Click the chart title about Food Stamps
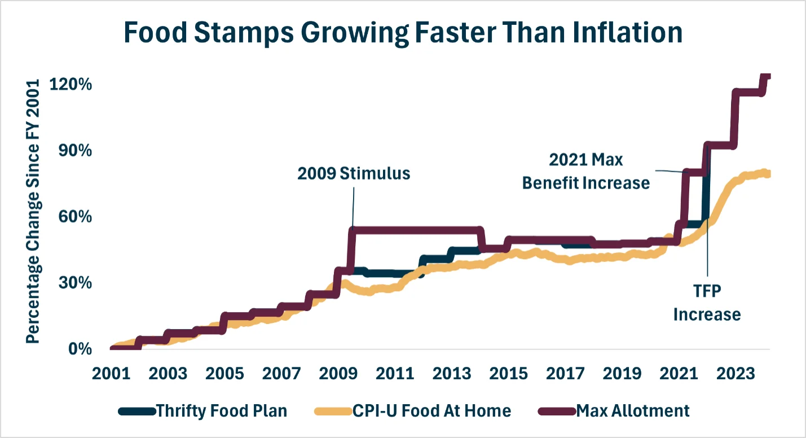403,33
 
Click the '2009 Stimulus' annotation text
354,173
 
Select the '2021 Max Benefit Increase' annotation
586,171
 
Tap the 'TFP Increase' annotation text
707,303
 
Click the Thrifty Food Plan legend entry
221,410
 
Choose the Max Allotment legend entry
632,410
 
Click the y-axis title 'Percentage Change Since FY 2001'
34,211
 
